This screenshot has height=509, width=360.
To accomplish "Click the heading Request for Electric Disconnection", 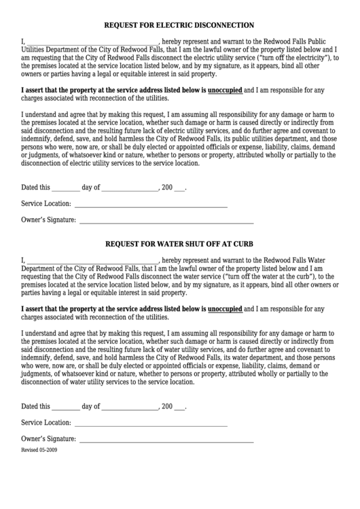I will [179, 25].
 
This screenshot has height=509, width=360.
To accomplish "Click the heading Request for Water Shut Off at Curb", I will [179, 243].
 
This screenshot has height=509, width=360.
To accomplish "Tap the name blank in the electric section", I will [92, 43].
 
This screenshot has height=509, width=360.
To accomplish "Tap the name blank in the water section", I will [92, 261].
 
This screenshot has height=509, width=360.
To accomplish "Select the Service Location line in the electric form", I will [150, 205].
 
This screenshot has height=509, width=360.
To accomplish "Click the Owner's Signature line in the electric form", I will [166, 222].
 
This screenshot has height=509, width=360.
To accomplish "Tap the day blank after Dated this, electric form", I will [65, 188].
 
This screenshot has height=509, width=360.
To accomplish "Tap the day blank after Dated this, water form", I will [65, 408].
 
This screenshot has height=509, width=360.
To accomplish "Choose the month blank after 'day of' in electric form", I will [129, 188].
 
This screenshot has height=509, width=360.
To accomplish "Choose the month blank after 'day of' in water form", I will [129, 408].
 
